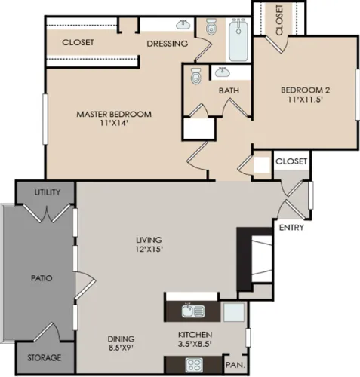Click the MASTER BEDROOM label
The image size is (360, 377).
point(114,114)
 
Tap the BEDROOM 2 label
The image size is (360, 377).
point(305,90)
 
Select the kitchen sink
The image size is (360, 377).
point(193,311)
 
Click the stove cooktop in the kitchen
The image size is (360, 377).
point(194,365)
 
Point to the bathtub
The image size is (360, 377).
point(238,39)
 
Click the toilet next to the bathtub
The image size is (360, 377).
point(211,26)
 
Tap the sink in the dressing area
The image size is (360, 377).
point(183,24)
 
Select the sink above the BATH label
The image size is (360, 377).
point(223,72)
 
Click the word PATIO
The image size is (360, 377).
point(42,278)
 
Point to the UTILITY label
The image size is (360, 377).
point(48,192)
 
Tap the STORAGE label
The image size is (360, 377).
point(45,357)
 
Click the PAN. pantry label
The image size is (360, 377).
point(235,365)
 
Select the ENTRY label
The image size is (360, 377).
point(291,228)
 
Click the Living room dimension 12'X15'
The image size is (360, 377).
point(149,249)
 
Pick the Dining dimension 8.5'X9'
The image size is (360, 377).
point(121,348)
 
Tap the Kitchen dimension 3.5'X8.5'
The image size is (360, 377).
point(195,344)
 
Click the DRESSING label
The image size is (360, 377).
point(168,44)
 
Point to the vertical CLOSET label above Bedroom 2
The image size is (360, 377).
point(279,20)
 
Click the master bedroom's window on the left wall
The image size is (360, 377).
point(45,119)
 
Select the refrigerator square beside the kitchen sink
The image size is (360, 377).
point(234,312)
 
